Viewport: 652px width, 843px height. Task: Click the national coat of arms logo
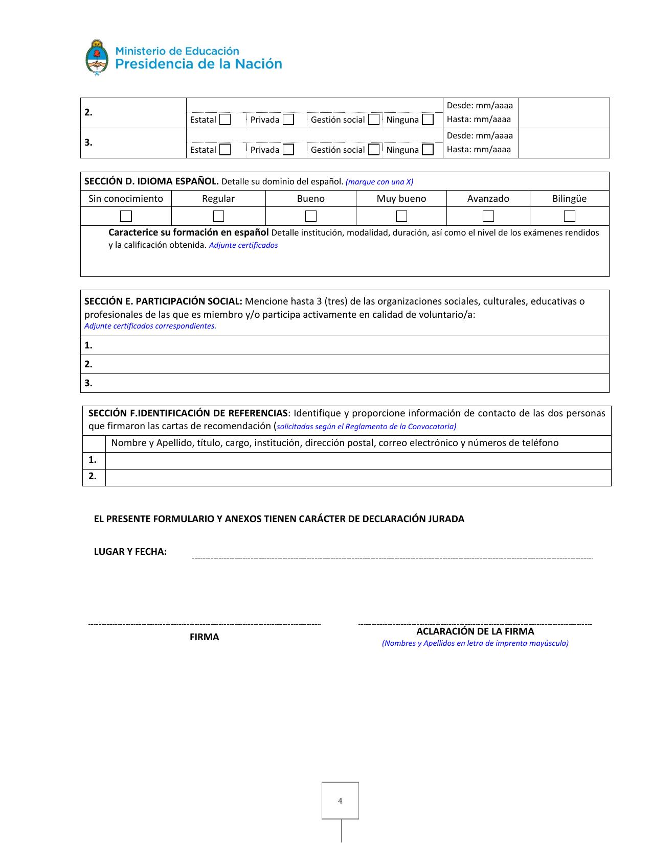(x=97, y=58)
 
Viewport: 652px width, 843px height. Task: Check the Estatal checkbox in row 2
(x=225, y=120)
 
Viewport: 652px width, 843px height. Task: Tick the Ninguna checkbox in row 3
(x=428, y=150)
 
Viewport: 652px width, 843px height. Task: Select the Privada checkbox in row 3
(x=288, y=150)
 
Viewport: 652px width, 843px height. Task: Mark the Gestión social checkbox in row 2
(x=374, y=120)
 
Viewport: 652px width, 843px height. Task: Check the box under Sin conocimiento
(x=126, y=216)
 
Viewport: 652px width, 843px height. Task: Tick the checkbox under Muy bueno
(x=401, y=216)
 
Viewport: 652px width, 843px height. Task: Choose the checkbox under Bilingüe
(x=570, y=216)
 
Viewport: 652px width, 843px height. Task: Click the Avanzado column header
(x=488, y=199)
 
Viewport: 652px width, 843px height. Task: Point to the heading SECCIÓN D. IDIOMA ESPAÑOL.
(x=151, y=181)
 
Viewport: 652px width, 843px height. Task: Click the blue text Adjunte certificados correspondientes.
(x=150, y=326)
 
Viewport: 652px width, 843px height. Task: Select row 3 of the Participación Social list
(x=345, y=383)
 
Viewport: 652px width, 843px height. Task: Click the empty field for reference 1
(x=358, y=460)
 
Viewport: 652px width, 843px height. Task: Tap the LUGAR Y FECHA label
(x=130, y=552)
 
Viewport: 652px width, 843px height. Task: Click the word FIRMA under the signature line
(x=204, y=637)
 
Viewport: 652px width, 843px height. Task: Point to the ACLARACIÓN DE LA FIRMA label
(x=475, y=631)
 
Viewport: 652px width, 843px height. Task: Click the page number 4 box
(x=340, y=801)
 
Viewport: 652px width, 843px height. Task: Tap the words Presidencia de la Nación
(x=198, y=64)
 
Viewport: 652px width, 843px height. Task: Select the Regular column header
(x=218, y=199)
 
